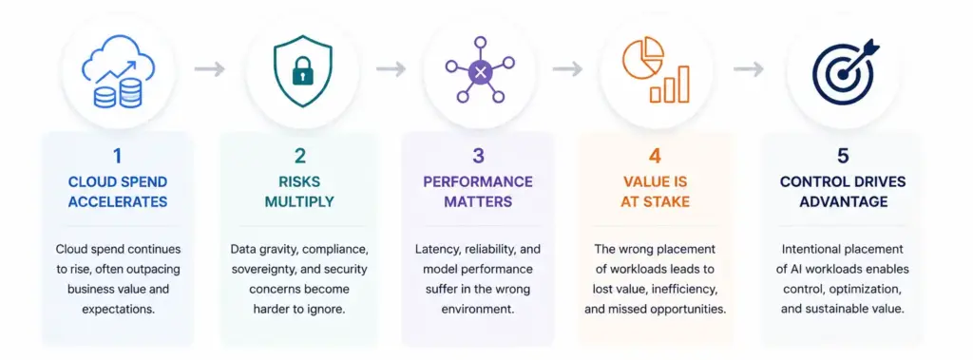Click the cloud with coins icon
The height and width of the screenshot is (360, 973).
coord(118,72)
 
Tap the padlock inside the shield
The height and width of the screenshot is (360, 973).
coord(303,72)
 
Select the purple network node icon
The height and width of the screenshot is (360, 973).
coord(480,69)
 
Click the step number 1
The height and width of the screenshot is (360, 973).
coord(118,156)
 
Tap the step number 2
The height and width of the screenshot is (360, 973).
coord(299,156)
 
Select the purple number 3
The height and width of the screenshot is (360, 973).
coord(478,156)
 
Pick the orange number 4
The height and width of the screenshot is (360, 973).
coord(656,156)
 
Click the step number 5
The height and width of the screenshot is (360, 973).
coord(843,156)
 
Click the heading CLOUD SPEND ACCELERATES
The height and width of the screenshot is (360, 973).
coord(118,192)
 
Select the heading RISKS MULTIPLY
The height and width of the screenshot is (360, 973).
coord(299,192)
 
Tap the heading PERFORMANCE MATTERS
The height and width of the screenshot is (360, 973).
coord(478,192)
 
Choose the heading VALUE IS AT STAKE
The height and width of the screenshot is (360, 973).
coord(656,192)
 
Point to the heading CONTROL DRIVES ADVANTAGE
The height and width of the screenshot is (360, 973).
coord(843,192)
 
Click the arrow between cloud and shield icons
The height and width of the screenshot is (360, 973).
coord(209,69)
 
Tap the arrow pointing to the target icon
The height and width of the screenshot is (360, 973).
coord(749,69)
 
